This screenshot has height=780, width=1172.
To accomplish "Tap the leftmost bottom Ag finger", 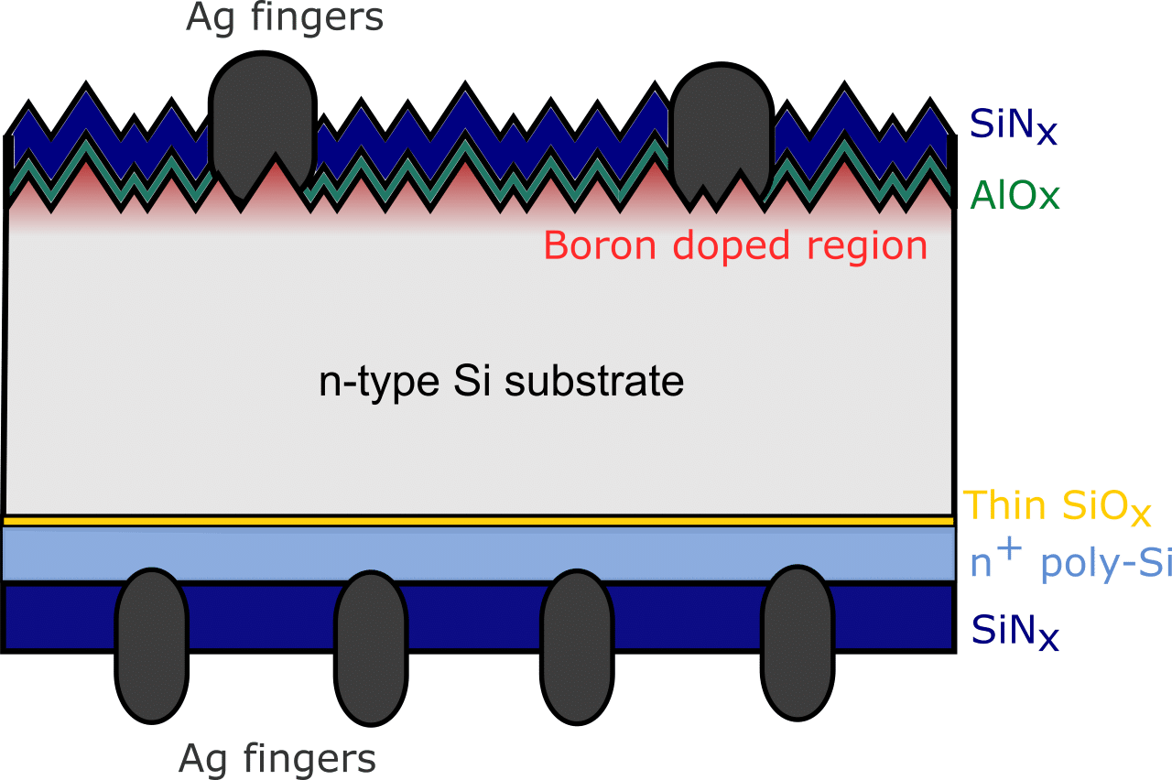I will (x=152, y=645).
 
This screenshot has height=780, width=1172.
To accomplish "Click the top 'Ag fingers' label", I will (x=285, y=17).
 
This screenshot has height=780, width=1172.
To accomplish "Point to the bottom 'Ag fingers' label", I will (x=277, y=759).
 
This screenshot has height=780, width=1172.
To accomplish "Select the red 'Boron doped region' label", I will (x=735, y=245).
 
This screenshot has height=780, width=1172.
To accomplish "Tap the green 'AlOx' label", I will (x=1015, y=195).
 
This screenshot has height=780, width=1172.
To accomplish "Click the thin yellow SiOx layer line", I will (x=476, y=521).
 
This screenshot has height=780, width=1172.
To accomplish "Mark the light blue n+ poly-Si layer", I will (x=476, y=553).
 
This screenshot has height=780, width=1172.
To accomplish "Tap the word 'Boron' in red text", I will (x=602, y=245).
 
